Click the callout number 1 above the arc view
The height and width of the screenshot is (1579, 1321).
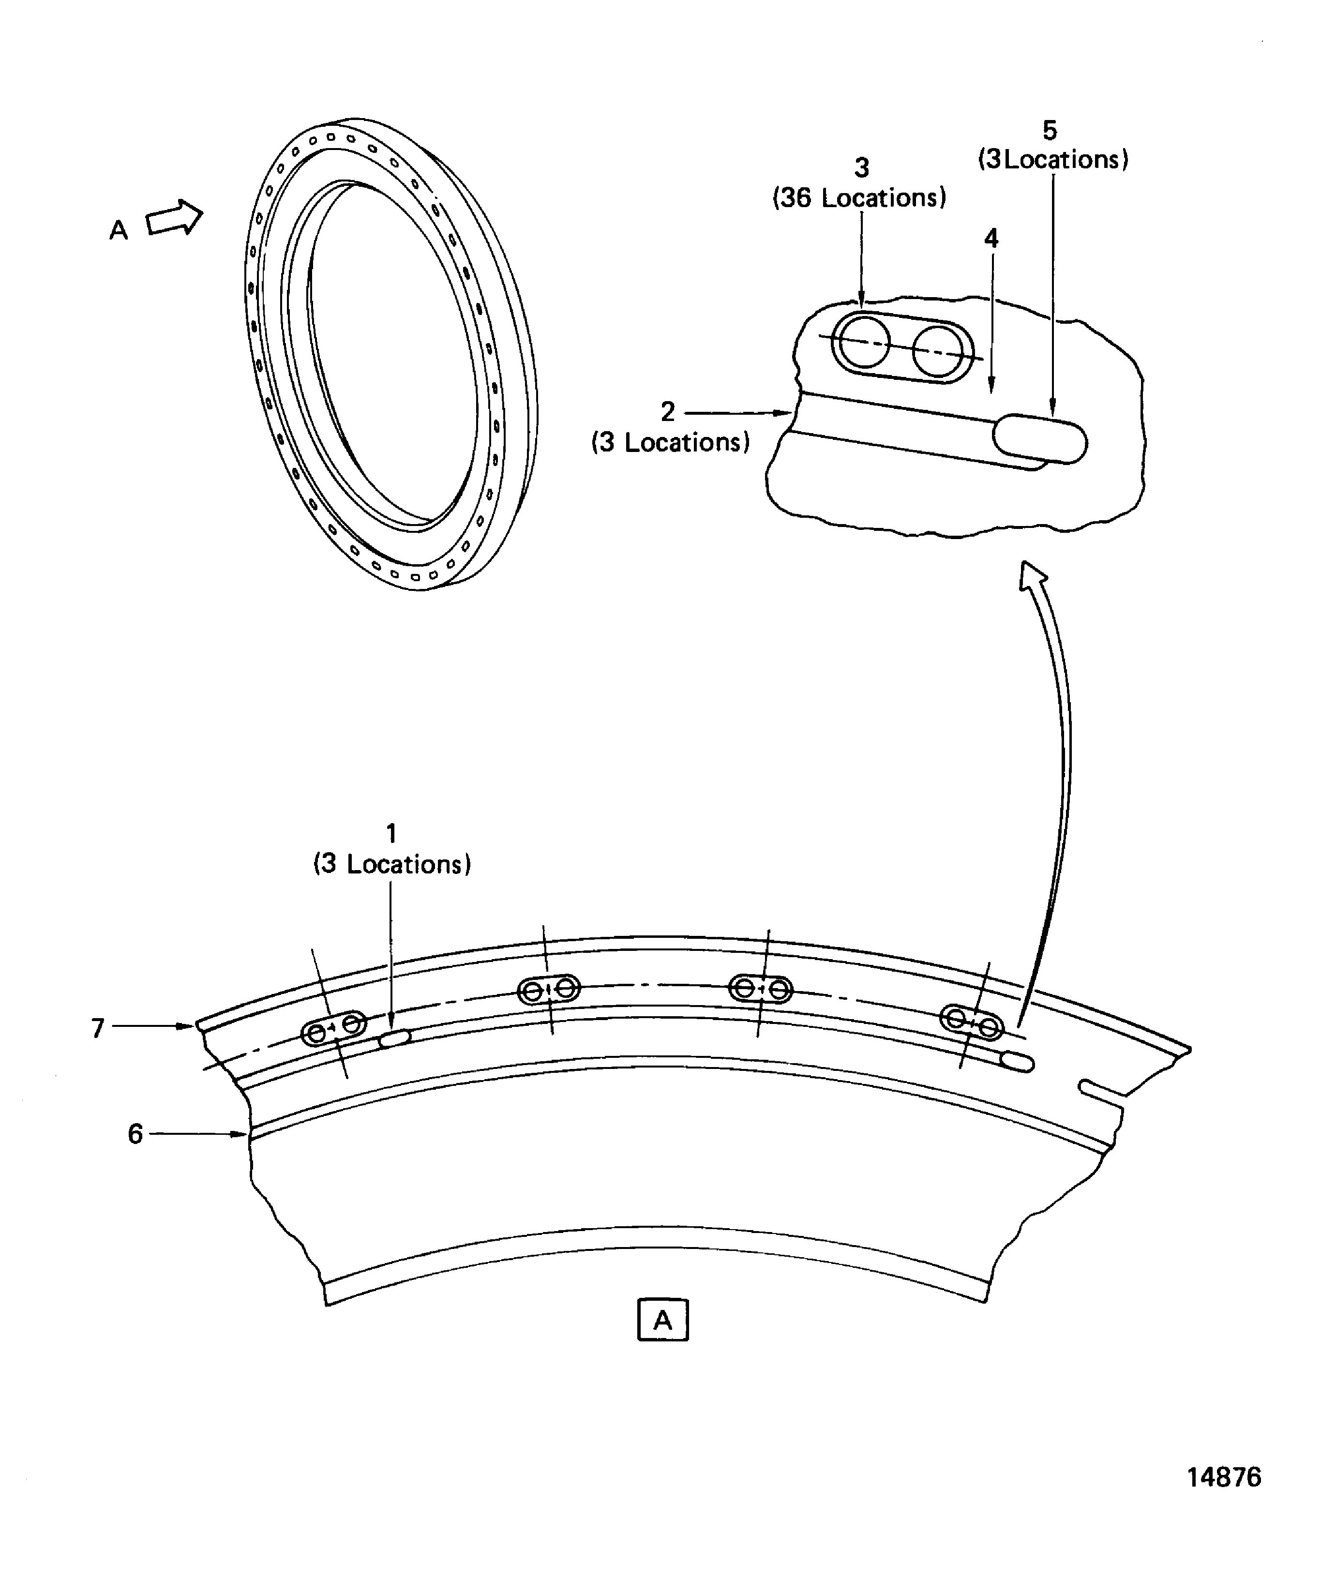tap(391, 833)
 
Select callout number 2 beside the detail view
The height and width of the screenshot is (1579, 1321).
tap(668, 412)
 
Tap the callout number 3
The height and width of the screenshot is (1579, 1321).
tap(862, 167)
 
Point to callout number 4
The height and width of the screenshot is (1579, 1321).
tap(991, 239)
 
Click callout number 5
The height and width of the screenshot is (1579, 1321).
tap(1050, 131)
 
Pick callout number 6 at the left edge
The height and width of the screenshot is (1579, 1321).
tap(135, 1134)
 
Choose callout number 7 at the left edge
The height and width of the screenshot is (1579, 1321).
tap(98, 1028)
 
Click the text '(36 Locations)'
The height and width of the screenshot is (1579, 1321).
tap(859, 198)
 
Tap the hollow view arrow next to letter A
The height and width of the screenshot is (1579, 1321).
tap(174, 219)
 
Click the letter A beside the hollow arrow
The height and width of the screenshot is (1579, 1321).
tap(119, 230)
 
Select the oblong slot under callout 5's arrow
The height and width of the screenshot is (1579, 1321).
tap(1040, 438)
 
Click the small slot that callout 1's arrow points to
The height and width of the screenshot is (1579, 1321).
tap(394, 1039)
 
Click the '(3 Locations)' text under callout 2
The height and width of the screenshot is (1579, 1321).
tap(671, 443)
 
